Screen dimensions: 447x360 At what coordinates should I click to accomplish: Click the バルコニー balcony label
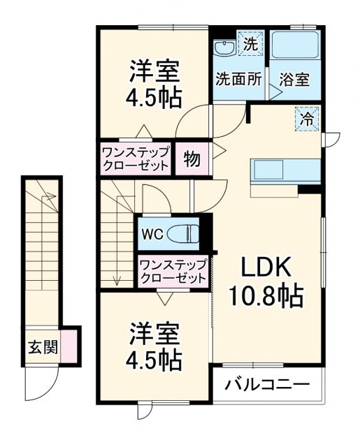pos(268,385)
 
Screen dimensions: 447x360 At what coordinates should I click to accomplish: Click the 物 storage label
pos(192,159)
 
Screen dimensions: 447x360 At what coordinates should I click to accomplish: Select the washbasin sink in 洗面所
pos(224,48)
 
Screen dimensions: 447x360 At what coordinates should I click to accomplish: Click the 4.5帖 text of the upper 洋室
pos(154,96)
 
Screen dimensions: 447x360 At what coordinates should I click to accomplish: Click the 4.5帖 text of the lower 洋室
pos(155,360)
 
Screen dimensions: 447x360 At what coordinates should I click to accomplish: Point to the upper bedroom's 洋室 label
pos(154,71)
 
